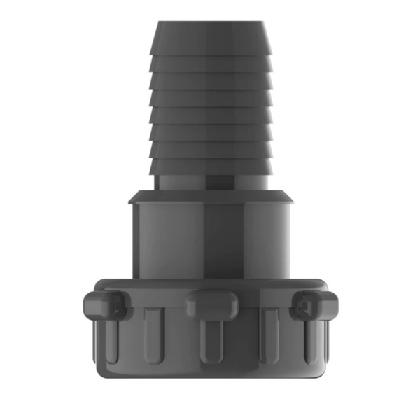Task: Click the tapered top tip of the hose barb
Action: point(210,35)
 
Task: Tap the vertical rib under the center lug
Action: point(210,339)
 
